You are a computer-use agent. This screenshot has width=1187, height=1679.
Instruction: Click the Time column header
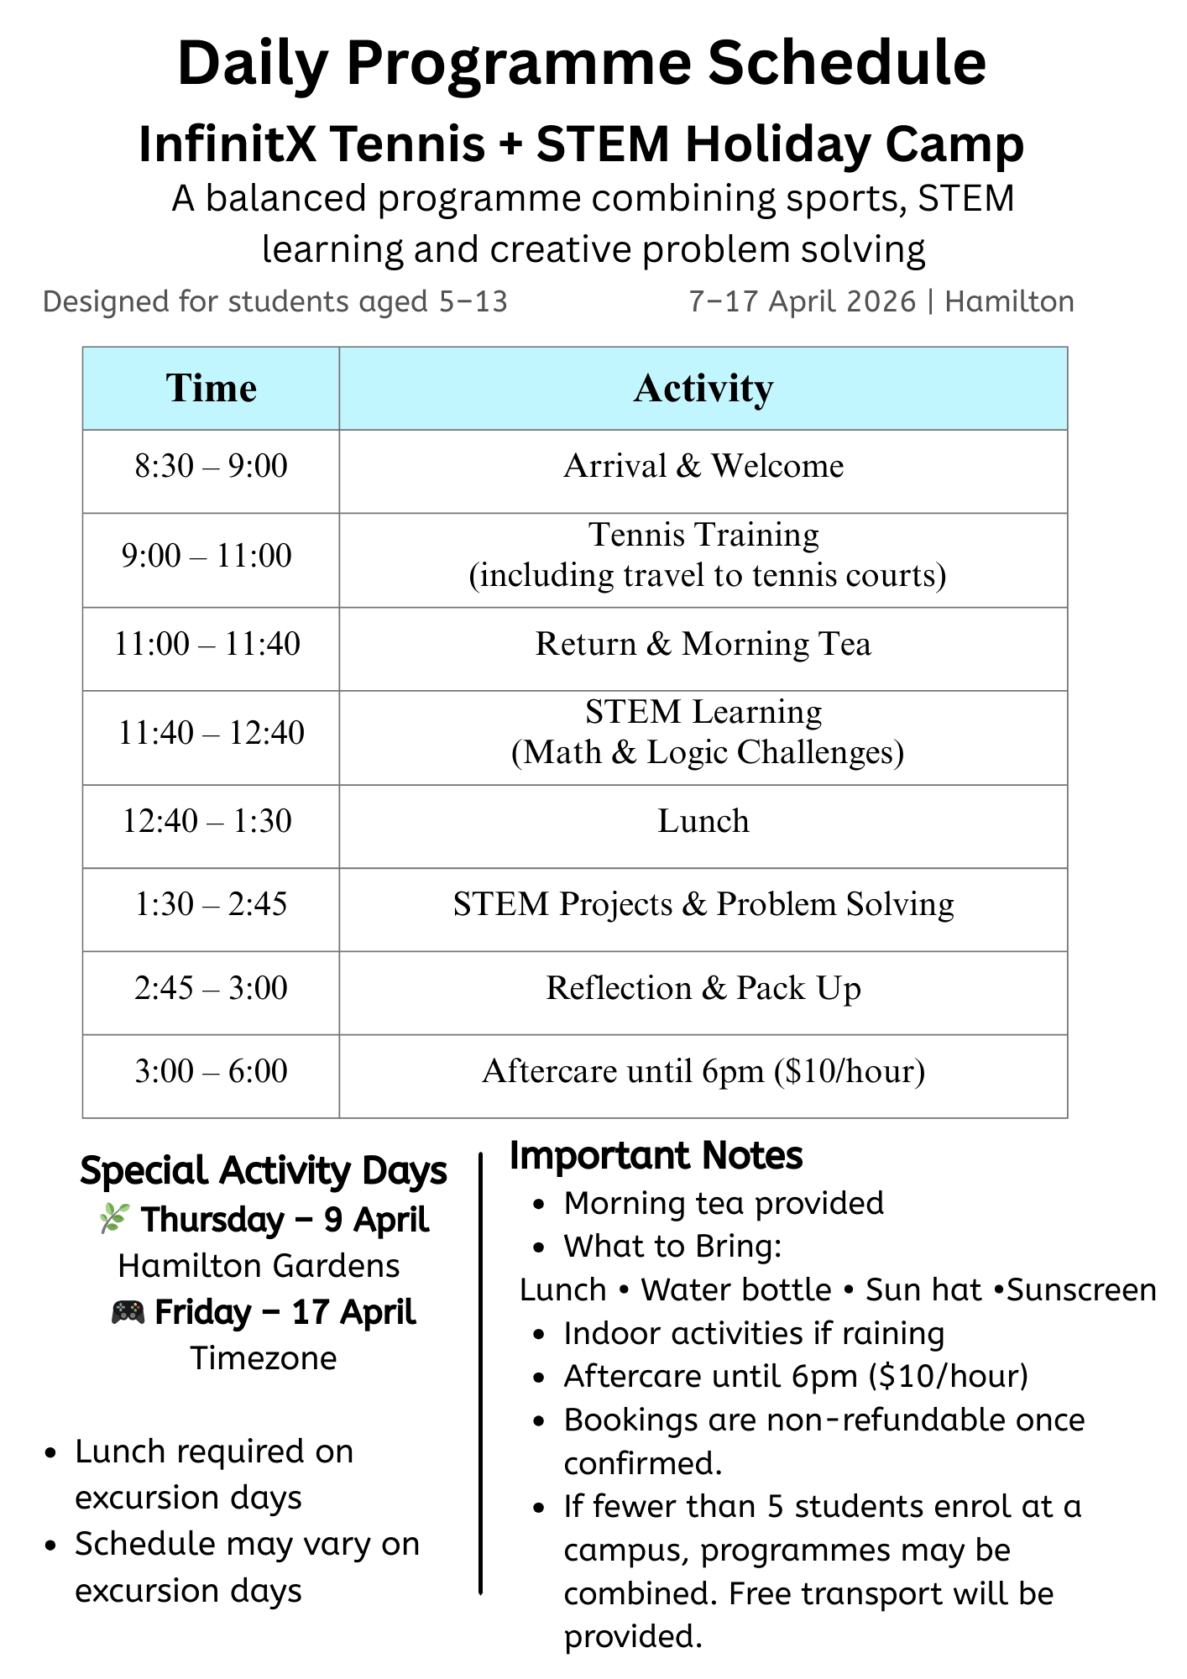coord(211,389)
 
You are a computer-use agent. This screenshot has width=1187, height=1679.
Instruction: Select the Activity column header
coord(703,389)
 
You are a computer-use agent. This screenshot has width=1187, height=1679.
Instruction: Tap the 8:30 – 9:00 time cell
coord(211,466)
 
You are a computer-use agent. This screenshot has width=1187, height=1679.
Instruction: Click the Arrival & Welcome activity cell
coord(703,466)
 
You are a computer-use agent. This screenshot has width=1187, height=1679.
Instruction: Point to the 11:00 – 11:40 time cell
coord(207,644)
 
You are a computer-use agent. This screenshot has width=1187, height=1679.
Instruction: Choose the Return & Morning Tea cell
coord(703,644)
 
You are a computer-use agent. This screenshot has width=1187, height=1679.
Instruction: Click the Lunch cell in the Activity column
coord(703,821)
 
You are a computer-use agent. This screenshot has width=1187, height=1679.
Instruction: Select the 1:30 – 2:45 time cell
coord(211,904)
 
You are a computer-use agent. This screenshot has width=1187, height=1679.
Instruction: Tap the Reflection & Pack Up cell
coord(703,988)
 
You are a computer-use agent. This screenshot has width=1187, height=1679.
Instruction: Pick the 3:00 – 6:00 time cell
coord(211,1071)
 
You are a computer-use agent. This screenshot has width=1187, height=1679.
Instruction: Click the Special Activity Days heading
coord(264,1171)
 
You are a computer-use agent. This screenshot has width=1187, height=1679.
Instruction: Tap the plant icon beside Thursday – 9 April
coord(113,1218)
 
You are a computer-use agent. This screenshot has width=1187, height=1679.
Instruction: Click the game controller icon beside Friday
coord(128,1311)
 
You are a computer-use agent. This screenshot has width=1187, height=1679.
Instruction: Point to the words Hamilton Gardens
coord(259,1266)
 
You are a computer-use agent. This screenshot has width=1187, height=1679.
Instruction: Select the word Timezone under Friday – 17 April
coord(264,1358)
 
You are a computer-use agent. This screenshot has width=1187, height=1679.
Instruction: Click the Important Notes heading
coord(656,1156)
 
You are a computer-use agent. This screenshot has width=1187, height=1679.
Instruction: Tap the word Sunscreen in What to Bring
coord(1081,1290)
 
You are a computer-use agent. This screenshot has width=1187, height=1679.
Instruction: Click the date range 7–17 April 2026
coord(802,301)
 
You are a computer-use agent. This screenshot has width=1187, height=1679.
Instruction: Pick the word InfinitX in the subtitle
coord(227,144)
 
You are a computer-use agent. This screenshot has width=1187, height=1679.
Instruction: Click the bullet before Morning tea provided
coord(540,1205)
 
